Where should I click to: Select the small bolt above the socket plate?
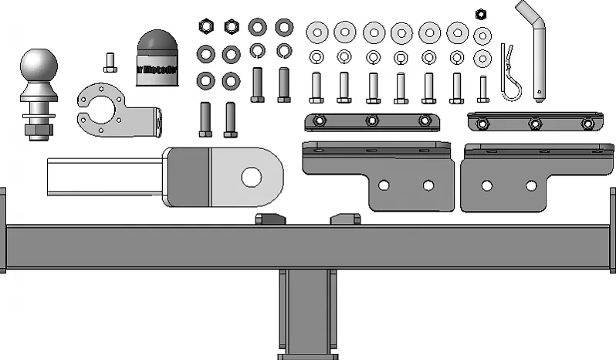coord(109,61)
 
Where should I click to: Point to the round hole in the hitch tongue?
coord(251,177)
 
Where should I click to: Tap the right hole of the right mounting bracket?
coord(531,185)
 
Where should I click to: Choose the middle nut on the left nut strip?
coord(372,121)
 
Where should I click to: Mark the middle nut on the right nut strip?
coord(533,123)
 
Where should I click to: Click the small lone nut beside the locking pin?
coord(481,13)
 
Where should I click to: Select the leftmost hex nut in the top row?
coord(206,26)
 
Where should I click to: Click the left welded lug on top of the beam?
coord(269,219)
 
